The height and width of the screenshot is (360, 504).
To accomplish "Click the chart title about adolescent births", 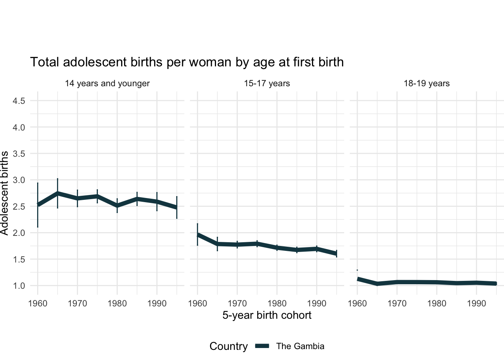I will [187, 62].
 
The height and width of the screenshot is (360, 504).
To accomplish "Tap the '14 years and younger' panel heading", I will [107, 83].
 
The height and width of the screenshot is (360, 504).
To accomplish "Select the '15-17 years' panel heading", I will [267, 83].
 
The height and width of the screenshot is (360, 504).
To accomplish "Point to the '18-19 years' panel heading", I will [426, 83].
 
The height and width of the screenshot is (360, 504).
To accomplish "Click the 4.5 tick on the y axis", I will [19, 101].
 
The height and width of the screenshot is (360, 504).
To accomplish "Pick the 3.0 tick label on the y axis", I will [19, 180].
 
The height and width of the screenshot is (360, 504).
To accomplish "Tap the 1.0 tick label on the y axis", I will [19, 286].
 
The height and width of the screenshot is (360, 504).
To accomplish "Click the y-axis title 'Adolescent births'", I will [4, 193].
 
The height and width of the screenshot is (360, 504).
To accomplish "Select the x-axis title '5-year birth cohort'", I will [267, 315].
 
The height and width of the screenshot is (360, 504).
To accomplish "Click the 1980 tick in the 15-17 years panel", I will [277, 303].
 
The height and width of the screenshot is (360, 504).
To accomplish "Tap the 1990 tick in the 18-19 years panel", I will [476, 303].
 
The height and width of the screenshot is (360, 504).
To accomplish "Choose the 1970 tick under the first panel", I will [77, 303].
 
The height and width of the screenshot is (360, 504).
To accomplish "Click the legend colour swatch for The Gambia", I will [262, 346].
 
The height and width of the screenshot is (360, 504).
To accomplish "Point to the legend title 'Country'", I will [228, 346].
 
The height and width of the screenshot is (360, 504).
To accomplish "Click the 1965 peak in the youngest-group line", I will [57, 193].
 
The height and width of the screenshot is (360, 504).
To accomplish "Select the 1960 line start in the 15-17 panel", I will [198, 235].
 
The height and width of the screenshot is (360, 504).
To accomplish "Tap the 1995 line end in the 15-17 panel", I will [336, 254].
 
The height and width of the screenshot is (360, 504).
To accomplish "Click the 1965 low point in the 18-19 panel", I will [377, 284].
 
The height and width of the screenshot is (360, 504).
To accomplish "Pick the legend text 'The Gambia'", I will [300, 346].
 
